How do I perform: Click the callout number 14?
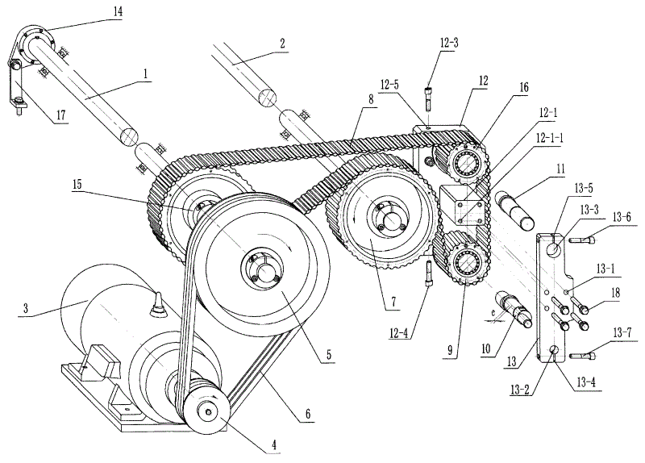pyautogui.click(x=118, y=11)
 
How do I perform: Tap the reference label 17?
pyautogui.click(x=61, y=115)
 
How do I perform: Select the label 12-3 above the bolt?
pyautogui.click(x=448, y=43)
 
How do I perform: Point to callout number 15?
pyautogui.click(x=77, y=185)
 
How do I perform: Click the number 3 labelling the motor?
pyautogui.click(x=26, y=308)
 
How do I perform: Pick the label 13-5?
pyautogui.click(x=584, y=188)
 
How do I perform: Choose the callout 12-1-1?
pyautogui.click(x=549, y=138)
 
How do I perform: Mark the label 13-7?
pyautogui.click(x=622, y=332)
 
